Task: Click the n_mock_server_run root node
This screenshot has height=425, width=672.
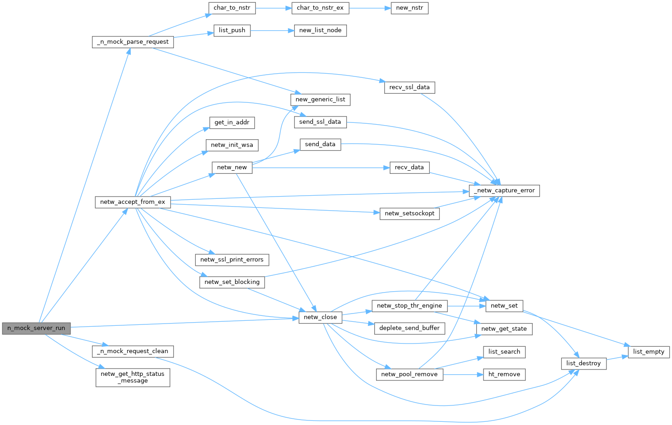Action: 36,328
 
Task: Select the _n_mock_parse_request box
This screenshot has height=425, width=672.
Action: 133,42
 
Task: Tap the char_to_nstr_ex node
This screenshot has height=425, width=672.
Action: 320,8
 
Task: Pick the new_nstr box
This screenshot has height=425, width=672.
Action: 410,8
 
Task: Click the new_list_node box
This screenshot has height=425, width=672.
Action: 320,30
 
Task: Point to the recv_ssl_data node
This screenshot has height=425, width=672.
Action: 409,87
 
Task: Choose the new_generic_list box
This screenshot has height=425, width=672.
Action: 320,100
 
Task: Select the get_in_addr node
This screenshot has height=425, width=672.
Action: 232,122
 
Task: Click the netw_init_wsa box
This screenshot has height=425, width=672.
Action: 232,145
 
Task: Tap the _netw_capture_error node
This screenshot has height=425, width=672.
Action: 504,191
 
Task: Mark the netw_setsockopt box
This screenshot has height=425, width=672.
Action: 409,213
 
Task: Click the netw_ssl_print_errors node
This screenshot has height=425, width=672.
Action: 232,260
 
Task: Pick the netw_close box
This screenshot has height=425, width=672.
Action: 320,317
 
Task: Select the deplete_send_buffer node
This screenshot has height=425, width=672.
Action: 409,328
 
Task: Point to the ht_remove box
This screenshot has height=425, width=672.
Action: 504,374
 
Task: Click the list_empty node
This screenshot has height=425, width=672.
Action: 649,352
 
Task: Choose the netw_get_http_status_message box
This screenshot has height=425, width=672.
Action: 133,377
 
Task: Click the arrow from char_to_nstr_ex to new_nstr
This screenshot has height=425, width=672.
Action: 370,8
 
